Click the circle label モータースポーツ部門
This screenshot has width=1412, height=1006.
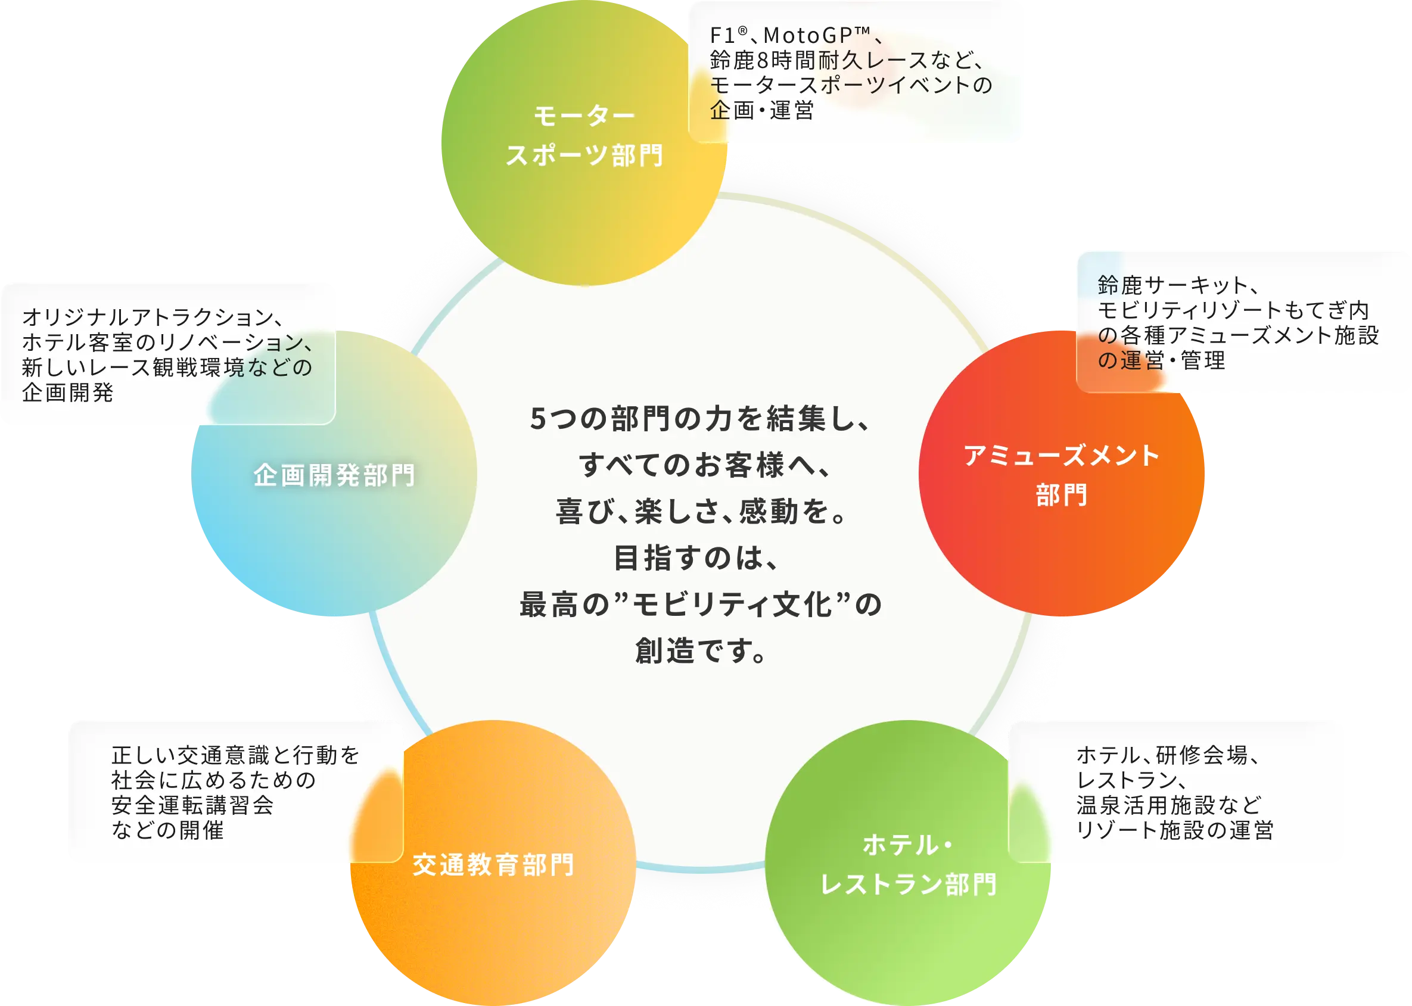coord(584,136)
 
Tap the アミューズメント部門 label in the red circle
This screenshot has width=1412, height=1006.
coord(1060,475)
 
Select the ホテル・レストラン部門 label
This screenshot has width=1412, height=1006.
coord(909,865)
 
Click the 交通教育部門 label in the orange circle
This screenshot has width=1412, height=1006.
coord(493,865)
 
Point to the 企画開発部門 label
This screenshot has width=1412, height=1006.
coord(334,475)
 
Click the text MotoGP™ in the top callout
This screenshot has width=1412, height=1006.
coord(817,35)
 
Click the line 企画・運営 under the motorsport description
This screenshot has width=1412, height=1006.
coord(761,110)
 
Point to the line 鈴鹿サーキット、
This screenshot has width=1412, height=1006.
coord(1178,285)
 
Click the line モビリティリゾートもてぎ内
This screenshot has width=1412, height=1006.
coord(1233,310)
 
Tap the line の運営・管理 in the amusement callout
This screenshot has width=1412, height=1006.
coord(1161,360)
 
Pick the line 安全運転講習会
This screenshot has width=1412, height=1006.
coord(192,805)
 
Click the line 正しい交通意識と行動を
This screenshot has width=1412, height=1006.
coord(235,755)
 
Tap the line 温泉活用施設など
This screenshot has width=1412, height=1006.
coord(1169,805)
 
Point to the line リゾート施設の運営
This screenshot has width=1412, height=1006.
coord(1175,830)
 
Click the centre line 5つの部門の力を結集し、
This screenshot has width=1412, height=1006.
coord(700,419)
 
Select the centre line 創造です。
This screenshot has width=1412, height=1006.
coord(700,651)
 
